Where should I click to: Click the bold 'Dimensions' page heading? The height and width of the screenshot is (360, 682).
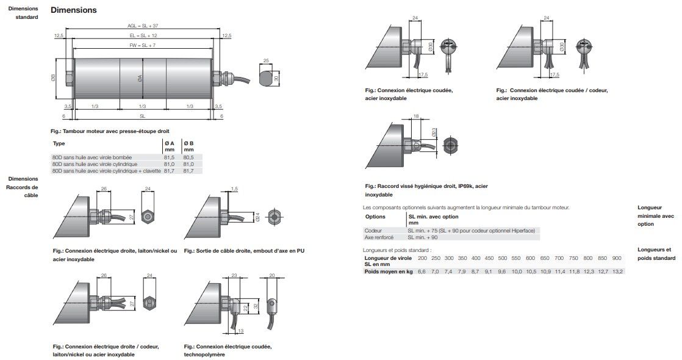pos(73,10)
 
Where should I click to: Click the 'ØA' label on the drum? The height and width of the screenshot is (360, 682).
pos(140,77)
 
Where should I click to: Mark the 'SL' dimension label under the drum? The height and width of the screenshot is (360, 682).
pos(142,115)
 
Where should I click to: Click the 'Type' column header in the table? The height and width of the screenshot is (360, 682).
pos(59,144)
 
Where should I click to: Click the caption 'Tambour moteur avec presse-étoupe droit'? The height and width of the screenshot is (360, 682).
pos(112,131)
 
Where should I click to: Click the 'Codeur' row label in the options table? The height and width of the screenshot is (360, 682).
pos(373,230)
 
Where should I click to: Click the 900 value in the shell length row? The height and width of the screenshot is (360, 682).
pos(616,258)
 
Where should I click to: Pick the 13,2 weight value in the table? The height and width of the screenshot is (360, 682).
pos(617,271)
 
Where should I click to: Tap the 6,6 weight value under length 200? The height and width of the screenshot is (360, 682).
pos(421,271)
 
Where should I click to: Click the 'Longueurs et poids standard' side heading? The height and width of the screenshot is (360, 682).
pos(656,254)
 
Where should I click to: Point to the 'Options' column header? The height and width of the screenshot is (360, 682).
pos(375,217)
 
